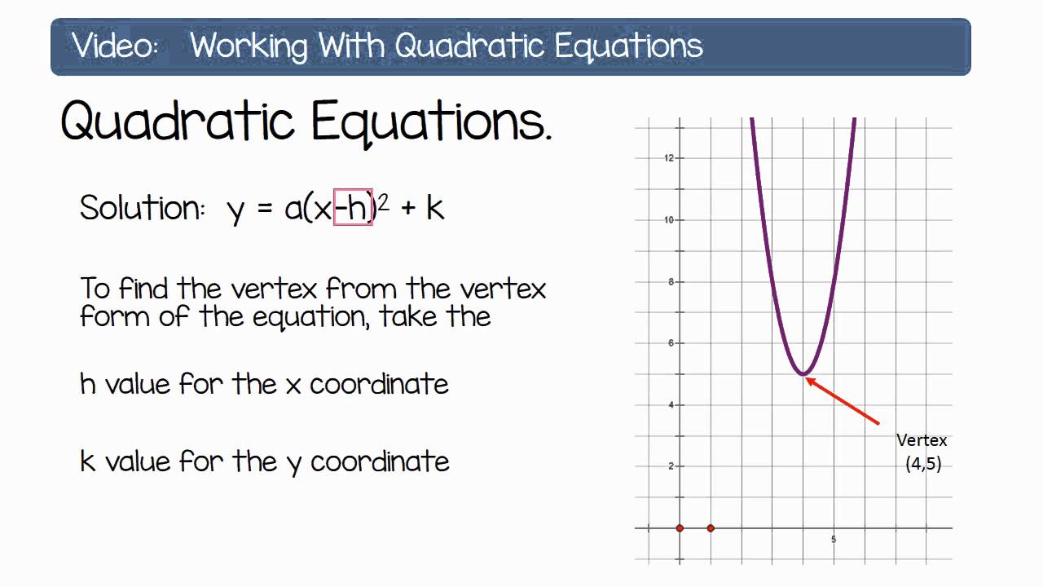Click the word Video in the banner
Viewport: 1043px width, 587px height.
(114, 46)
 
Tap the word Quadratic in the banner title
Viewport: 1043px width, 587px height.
(248, 46)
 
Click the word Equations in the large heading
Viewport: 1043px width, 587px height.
(431, 122)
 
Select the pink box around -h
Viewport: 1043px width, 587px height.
(353, 208)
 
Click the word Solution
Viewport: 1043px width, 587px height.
(143, 208)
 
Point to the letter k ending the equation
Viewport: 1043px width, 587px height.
(435, 208)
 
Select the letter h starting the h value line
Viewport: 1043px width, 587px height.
(88, 383)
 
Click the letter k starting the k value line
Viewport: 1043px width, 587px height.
(88, 461)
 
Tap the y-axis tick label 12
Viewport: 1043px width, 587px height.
(669, 157)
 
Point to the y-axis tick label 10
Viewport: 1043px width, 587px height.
(669, 219)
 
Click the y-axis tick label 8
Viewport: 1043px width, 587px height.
(671, 282)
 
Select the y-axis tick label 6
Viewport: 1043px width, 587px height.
(671, 343)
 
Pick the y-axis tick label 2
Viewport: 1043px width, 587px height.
(671, 466)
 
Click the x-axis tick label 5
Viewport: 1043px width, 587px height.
(834, 540)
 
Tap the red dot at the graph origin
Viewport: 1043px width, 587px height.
(680, 528)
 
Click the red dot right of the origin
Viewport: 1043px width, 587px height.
(711, 528)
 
